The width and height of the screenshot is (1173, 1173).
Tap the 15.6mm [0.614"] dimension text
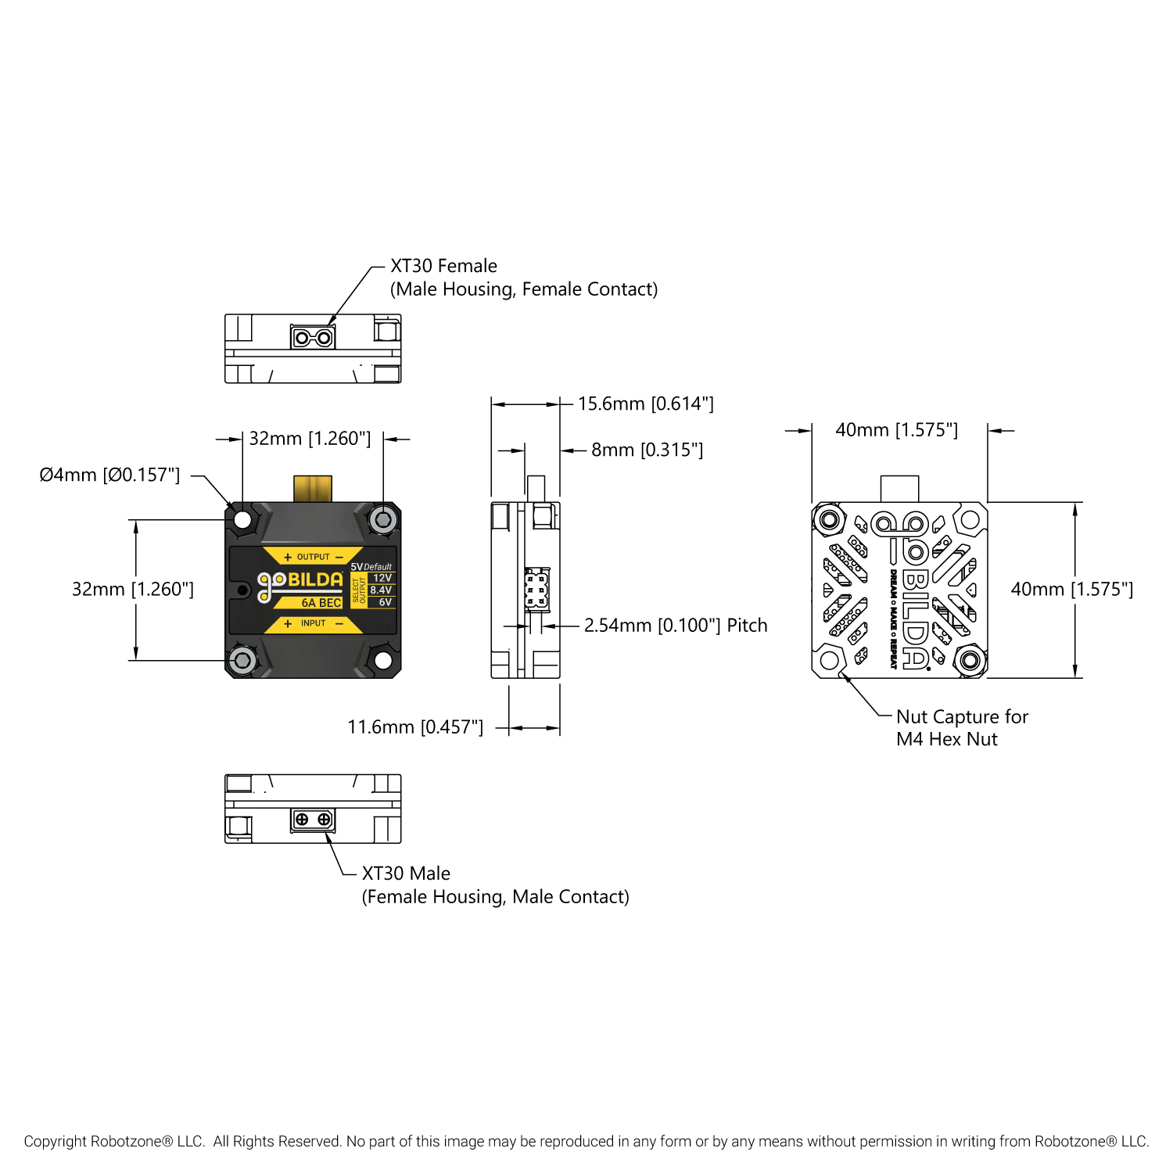645,404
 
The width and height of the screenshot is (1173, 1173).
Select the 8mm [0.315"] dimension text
647,450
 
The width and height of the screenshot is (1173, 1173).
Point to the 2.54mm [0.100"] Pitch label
676,626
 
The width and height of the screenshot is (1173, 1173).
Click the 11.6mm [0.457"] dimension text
415,727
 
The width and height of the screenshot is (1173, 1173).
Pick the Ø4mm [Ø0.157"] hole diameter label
109,475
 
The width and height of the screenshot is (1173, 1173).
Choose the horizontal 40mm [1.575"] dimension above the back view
896,430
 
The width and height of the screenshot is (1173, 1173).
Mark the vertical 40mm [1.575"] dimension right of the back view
1071,589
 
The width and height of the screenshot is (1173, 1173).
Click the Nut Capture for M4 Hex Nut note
962,728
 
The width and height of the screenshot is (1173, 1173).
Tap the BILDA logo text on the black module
315,579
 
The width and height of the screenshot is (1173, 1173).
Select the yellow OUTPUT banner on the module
313,557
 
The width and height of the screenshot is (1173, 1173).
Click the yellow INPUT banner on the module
313,623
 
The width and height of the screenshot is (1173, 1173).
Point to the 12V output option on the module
382,578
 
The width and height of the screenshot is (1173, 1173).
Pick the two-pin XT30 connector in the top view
313,338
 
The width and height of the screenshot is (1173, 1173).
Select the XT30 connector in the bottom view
313,820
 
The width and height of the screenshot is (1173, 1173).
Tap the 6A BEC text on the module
321,603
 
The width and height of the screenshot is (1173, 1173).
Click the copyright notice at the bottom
586,1141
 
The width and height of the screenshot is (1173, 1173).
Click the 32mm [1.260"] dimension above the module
310,439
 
